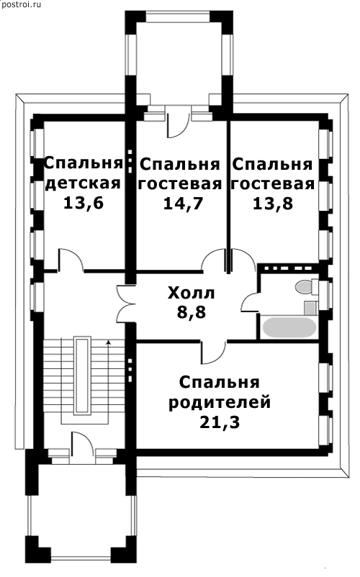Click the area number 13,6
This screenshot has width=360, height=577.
pyautogui.click(x=84, y=203)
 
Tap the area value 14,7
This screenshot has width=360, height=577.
pyautogui.click(x=184, y=204)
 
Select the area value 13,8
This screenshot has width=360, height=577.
pyautogui.click(x=273, y=204)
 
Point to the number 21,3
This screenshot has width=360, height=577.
pyautogui.click(x=220, y=422)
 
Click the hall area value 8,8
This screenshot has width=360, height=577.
pyautogui.click(x=192, y=312)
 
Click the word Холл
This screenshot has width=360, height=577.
pyautogui.click(x=191, y=294)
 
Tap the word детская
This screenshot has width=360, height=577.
pyautogui.click(x=83, y=183)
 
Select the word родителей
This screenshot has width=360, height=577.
pyautogui.click(x=220, y=403)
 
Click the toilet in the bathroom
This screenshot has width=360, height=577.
pyautogui.click(x=306, y=287)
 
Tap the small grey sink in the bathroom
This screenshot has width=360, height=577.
pyautogui.click(x=310, y=308)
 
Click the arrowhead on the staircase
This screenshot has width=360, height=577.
pyautogui.click(x=108, y=342)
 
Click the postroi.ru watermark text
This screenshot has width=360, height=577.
pyautogui.click(x=21, y=4)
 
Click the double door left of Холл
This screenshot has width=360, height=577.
pyautogui.click(x=126, y=304)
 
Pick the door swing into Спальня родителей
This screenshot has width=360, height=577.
pyautogui.click(x=213, y=351)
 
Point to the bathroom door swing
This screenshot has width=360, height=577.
pyautogui.click(x=251, y=303)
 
